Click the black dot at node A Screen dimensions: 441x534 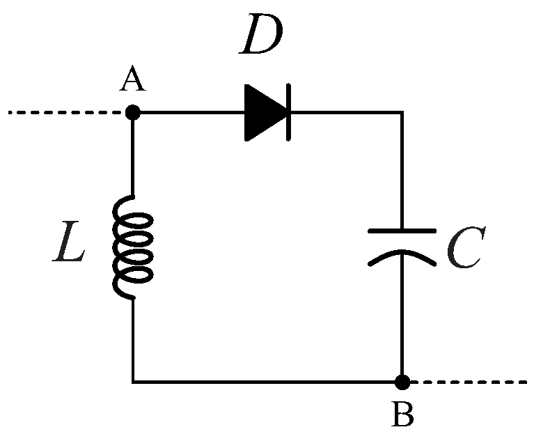click(132, 112)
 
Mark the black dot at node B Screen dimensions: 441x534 click(402, 382)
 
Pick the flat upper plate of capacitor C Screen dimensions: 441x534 click(402, 231)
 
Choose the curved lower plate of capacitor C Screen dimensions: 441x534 click(402, 256)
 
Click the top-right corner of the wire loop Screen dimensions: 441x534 click(402, 112)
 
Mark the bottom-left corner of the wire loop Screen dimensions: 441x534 click(132, 382)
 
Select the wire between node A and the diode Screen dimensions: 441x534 click(188, 112)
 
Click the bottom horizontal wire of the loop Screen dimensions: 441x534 click(265, 382)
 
